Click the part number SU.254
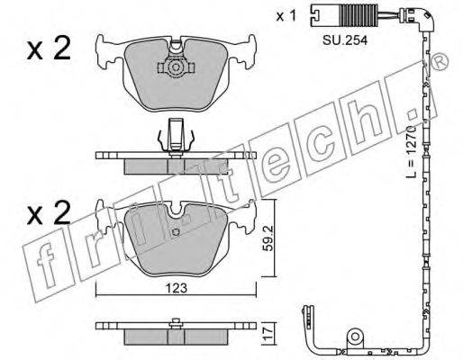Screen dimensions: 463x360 coord(345,40)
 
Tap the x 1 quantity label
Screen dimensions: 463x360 coord(286,16)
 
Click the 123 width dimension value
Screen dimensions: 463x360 coord(176,288)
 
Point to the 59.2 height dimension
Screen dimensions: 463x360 coord(267,238)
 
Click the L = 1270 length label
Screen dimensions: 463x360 coord(411,151)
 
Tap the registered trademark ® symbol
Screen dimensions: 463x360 coord(440,62)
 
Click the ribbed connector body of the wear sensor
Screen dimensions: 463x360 coord(359,14)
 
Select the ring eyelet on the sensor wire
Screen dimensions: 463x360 coord(355,337)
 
